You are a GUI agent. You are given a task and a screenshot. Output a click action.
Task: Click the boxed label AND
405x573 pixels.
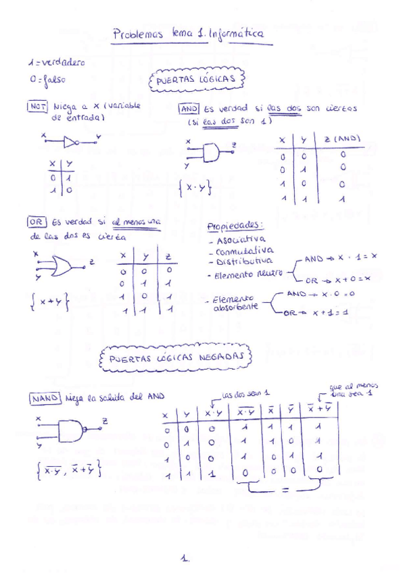[188, 108]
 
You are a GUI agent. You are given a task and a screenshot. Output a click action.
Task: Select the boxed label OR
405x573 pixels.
[35, 222]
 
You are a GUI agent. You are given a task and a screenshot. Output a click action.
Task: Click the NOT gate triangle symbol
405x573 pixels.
[70, 141]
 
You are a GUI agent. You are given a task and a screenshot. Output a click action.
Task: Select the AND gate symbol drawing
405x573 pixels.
[212, 153]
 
